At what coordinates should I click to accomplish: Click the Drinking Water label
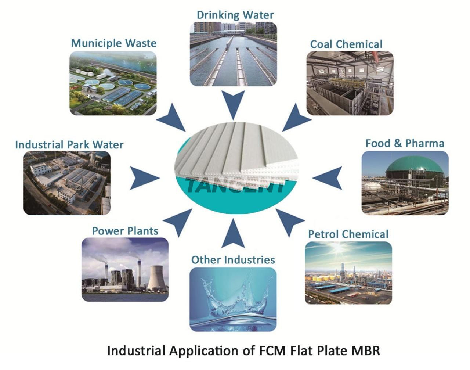235,15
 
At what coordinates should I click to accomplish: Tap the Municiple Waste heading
114,43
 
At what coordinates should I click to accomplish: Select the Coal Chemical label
346,44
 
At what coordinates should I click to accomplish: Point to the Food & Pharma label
405,143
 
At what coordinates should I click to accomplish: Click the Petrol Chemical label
348,234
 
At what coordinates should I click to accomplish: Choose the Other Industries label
233,260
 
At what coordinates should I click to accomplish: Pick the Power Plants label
125,231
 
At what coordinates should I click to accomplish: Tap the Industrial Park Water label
69,145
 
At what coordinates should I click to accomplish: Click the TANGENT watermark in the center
236,185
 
